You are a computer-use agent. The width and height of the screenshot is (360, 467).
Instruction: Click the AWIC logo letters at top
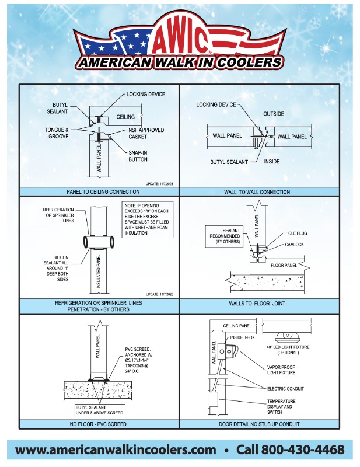(180, 40)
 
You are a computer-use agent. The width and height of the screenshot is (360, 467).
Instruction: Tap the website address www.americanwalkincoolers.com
(116, 449)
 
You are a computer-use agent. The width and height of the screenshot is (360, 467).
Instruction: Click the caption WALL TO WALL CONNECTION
(257, 191)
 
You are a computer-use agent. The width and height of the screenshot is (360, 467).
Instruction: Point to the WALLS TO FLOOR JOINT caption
(257, 304)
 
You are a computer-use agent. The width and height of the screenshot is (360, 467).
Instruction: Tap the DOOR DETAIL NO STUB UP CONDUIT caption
(257, 423)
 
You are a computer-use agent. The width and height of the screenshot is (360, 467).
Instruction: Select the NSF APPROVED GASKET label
(147, 133)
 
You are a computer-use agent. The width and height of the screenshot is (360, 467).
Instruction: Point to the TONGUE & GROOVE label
(58, 133)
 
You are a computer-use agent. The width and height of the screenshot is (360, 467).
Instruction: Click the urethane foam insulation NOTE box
(148, 219)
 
